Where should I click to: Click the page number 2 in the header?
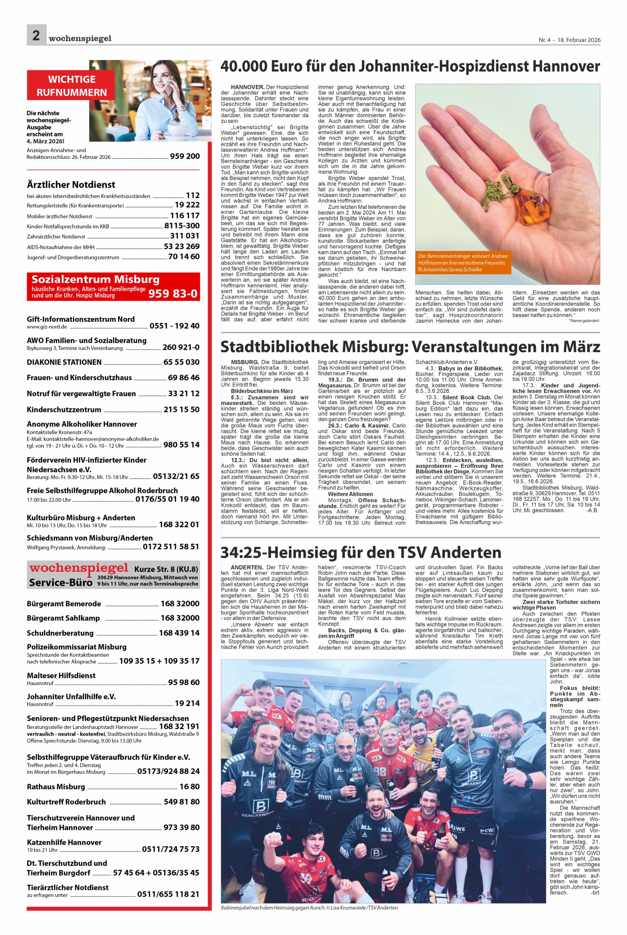click(x=36, y=35)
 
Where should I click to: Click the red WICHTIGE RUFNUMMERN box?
click(x=72, y=85)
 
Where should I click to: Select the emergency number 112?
click(x=192, y=195)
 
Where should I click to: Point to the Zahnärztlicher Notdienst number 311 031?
click(x=184, y=236)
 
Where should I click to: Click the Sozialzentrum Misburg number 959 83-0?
click(x=173, y=294)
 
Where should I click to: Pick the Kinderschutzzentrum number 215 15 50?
click(x=181, y=409)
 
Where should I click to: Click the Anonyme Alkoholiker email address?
click(x=93, y=439)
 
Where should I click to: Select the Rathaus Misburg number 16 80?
click(x=190, y=787)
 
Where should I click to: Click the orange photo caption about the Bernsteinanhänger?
click(x=463, y=263)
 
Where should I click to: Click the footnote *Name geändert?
click(x=584, y=321)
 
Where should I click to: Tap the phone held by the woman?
click(x=169, y=89)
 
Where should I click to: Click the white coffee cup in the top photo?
click(x=178, y=130)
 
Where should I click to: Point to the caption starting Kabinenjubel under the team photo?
click(x=309, y=907)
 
